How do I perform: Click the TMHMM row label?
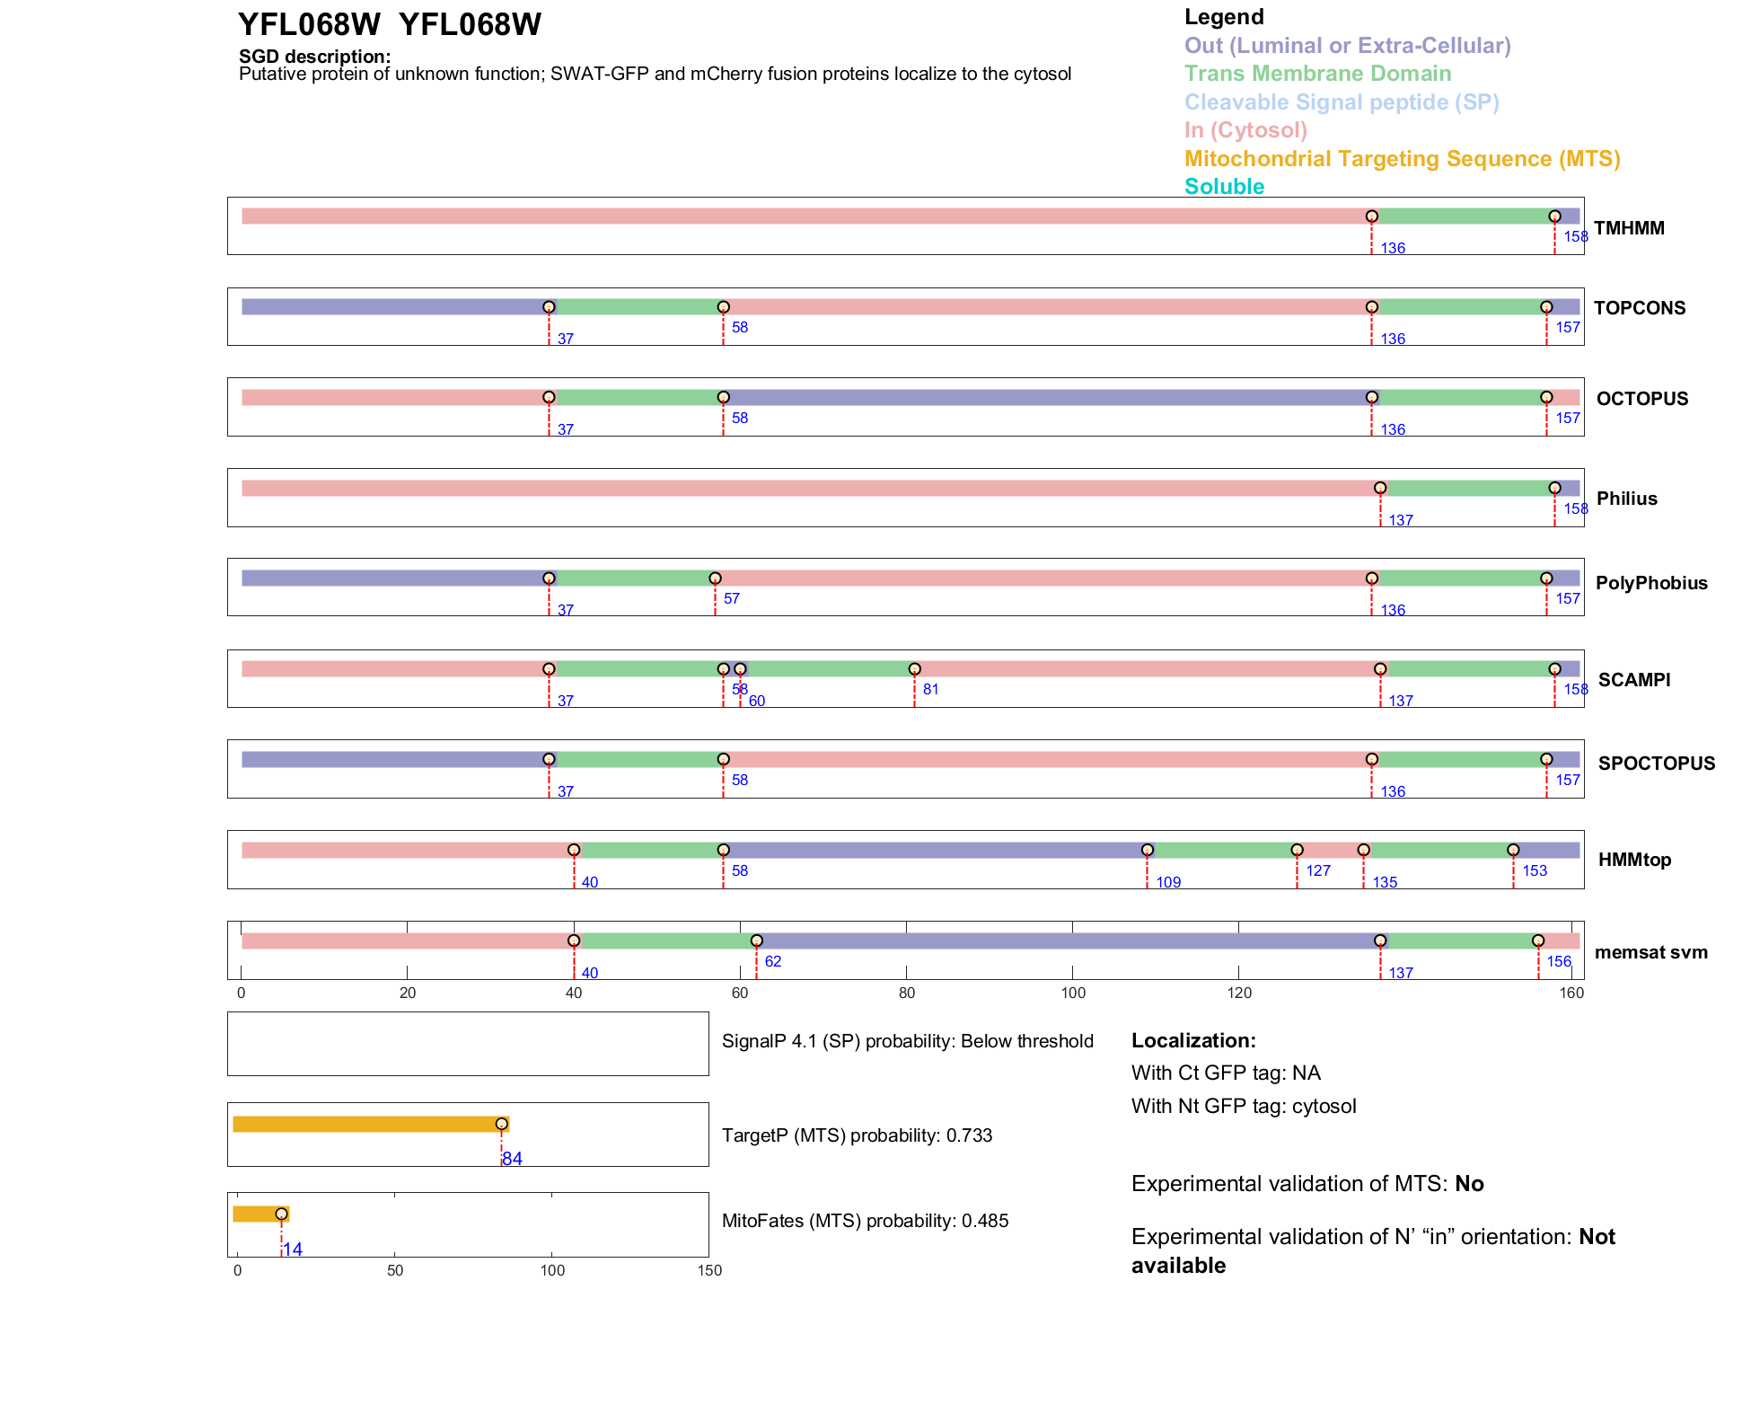pyautogui.click(x=1629, y=228)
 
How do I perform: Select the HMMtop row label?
pyautogui.click(x=1634, y=860)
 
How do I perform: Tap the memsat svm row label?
pyautogui.click(x=1650, y=952)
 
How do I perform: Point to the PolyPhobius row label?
pyautogui.click(x=1651, y=583)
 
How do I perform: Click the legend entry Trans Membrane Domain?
pyautogui.click(x=1317, y=74)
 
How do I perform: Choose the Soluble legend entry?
pyautogui.click(x=1224, y=187)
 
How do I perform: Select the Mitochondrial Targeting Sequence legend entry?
pyautogui.click(x=1402, y=159)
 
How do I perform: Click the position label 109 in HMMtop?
pyautogui.click(x=1168, y=882)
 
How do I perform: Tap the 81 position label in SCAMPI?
pyautogui.click(x=930, y=689)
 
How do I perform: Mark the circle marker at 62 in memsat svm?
pyautogui.click(x=756, y=941)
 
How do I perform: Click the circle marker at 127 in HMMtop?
pyautogui.click(x=1297, y=850)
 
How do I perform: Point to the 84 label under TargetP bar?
pyautogui.click(x=512, y=1159)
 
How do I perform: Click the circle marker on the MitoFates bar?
pyautogui.click(x=281, y=1214)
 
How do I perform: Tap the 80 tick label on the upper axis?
pyautogui.click(x=907, y=993)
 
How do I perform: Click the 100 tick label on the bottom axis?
pyautogui.click(x=552, y=1270)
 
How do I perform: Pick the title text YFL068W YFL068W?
pyautogui.click(x=390, y=24)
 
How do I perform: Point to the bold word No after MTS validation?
pyautogui.click(x=1469, y=1184)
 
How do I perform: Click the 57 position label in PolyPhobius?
pyautogui.click(x=732, y=598)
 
